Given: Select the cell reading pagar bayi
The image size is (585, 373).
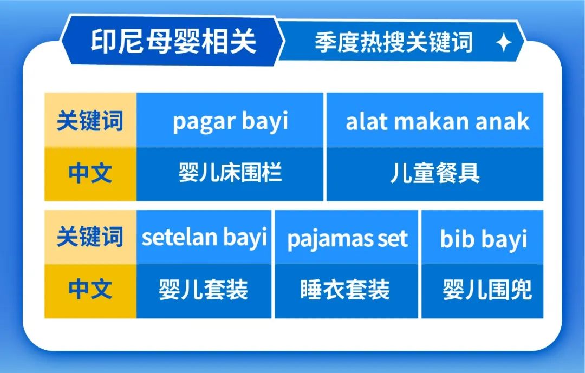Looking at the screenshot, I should [230, 121].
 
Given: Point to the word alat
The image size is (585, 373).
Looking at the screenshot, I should [364, 121].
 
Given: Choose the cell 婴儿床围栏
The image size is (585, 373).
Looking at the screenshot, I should [230, 174].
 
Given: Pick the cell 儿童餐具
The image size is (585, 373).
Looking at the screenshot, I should [435, 174].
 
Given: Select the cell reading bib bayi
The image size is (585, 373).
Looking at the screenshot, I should [483, 238].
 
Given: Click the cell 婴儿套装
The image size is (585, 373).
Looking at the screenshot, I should [204, 290].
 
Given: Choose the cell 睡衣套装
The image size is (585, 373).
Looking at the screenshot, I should [346, 290].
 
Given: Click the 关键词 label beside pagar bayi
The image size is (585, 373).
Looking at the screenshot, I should [90, 120].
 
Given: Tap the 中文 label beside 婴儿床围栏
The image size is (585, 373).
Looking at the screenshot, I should [90, 173].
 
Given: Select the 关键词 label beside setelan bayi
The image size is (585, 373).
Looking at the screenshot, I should [90, 237].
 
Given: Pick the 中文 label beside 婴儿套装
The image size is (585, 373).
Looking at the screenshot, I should [90, 290].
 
